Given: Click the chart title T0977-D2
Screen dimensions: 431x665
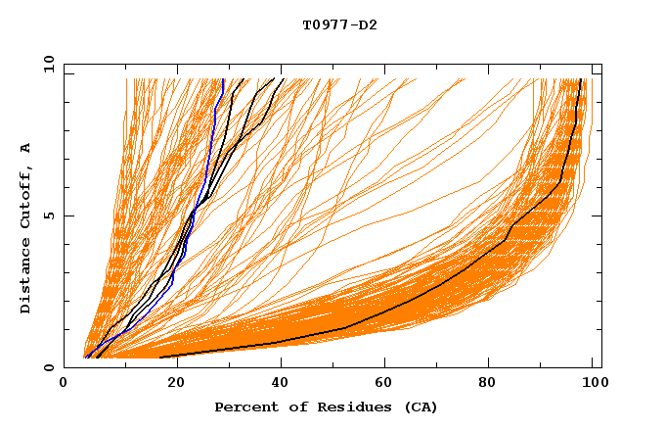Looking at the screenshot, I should (339, 24).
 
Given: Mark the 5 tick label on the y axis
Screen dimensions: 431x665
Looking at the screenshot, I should (47, 215).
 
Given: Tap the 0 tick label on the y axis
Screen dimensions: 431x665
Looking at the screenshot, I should (47, 367).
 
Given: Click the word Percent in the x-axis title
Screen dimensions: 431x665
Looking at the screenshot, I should (242, 407).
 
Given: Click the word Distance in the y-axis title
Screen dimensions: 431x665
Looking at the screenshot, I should (26, 280).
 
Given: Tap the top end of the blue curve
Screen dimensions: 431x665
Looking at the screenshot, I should (224, 80).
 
